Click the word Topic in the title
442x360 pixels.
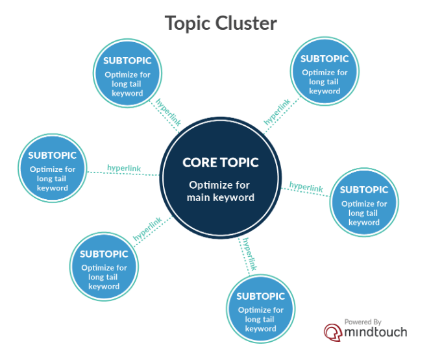click(x=188, y=23)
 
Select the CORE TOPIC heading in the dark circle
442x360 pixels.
click(x=221, y=162)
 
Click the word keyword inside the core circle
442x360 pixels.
click(x=234, y=197)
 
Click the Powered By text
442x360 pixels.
click(x=363, y=321)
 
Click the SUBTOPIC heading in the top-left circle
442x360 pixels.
click(x=127, y=61)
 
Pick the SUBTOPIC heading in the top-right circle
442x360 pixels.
click(x=325, y=59)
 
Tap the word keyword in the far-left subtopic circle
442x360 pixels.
click(x=53, y=188)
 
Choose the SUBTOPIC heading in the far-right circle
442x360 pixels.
click(x=364, y=190)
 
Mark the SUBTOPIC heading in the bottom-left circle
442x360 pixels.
click(x=104, y=254)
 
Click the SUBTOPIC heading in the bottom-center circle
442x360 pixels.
click(x=261, y=296)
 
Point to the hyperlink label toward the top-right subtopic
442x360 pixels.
click(x=277, y=112)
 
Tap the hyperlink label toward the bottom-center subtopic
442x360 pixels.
click(x=249, y=254)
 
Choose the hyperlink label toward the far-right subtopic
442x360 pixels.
click(x=306, y=187)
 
